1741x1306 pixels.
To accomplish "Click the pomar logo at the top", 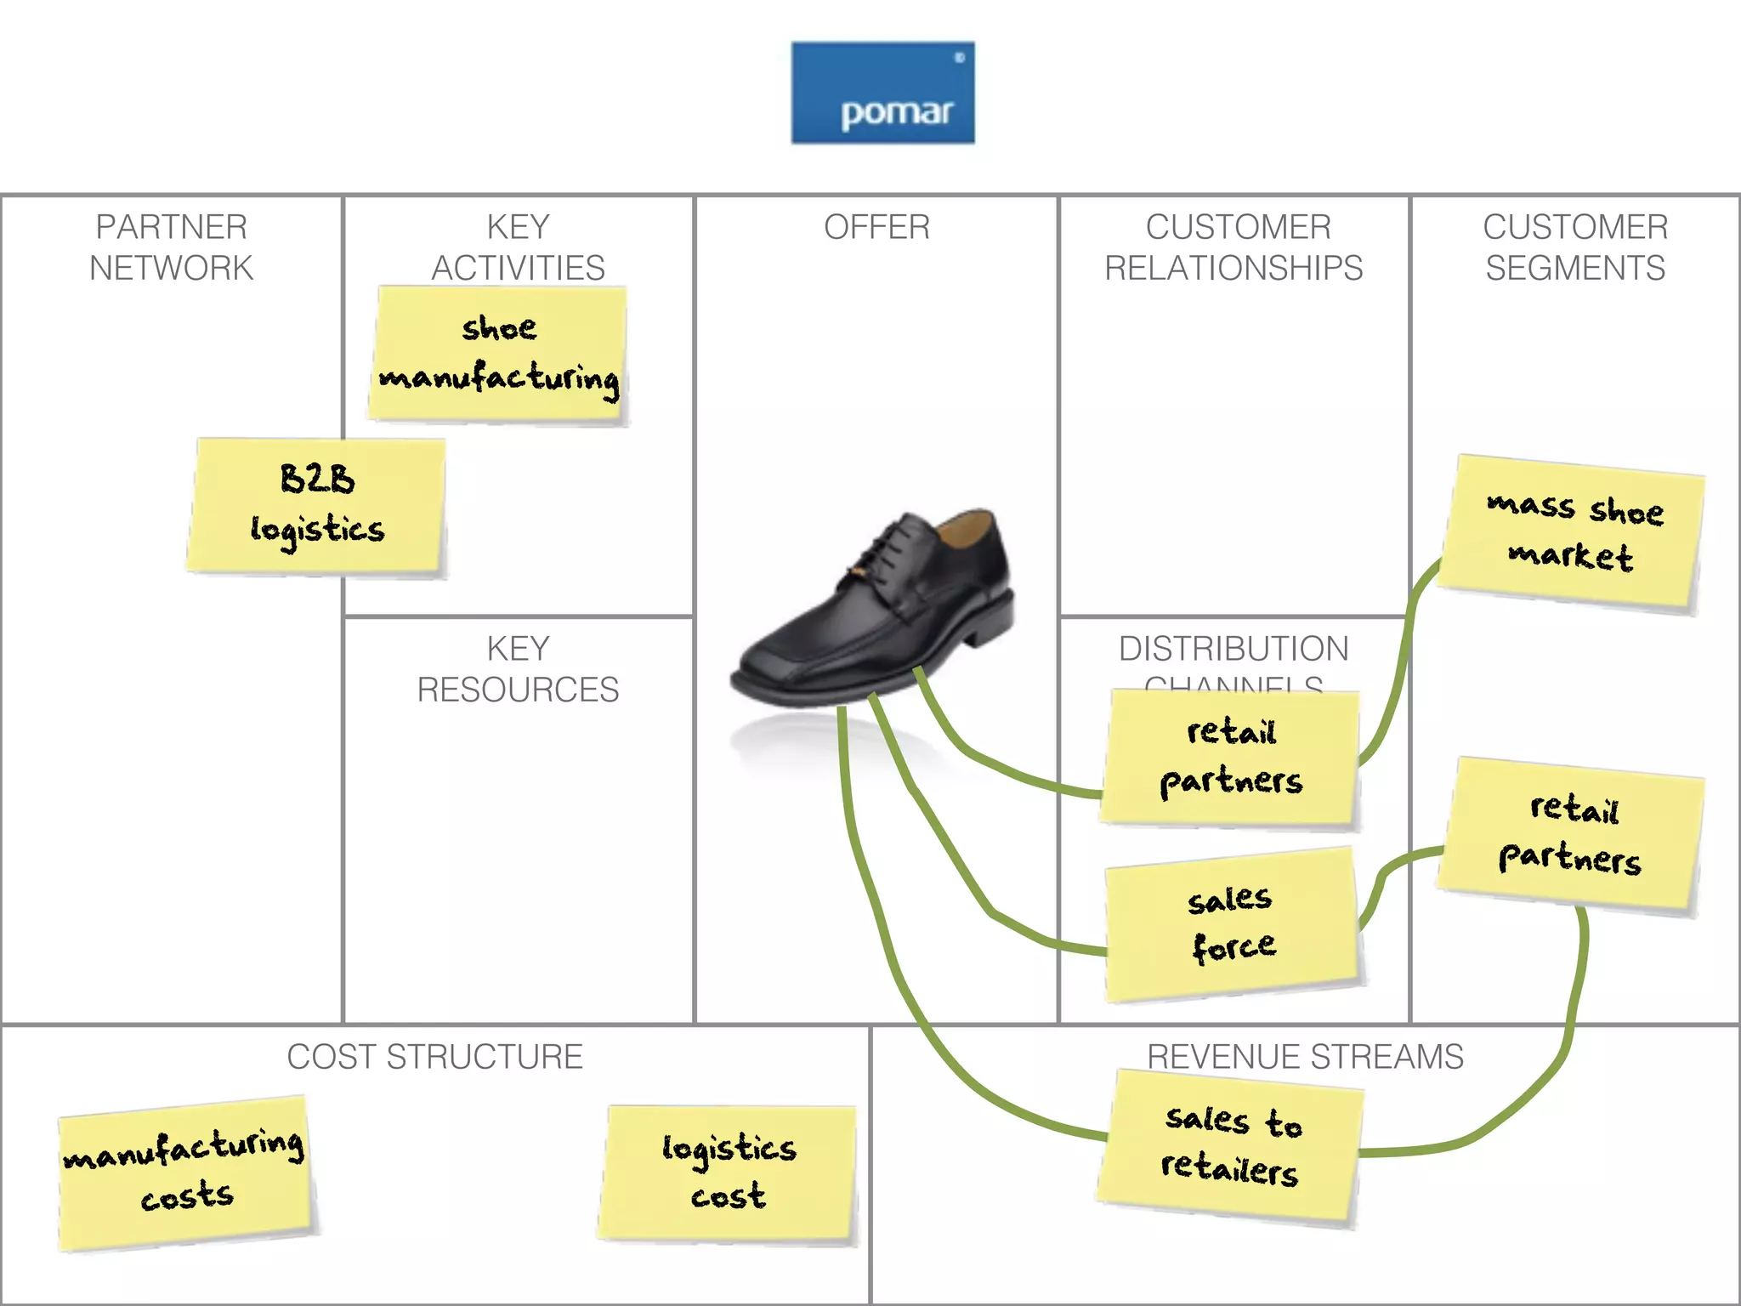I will pos(882,93).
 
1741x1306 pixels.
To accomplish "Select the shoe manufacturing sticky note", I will pos(499,354).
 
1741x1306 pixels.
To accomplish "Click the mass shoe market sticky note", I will pos(1572,532).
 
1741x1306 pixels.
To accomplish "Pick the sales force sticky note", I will pos(1232,924).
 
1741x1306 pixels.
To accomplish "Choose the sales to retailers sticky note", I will pos(1230,1146).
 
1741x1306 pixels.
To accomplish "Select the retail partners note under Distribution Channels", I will pos(1230,757).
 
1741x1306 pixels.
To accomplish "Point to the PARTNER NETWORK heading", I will pos(171,247).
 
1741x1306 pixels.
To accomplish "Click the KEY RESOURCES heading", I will pos(518,669).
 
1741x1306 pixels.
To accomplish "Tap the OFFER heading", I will pos(876,227).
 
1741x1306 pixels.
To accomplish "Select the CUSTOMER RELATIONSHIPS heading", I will pos(1233,247).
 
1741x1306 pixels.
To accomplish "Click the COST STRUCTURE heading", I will pos(434,1057).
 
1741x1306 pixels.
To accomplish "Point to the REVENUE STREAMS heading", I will pos(1305,1057).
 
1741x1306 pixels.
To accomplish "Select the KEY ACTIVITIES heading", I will pos(518,247).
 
